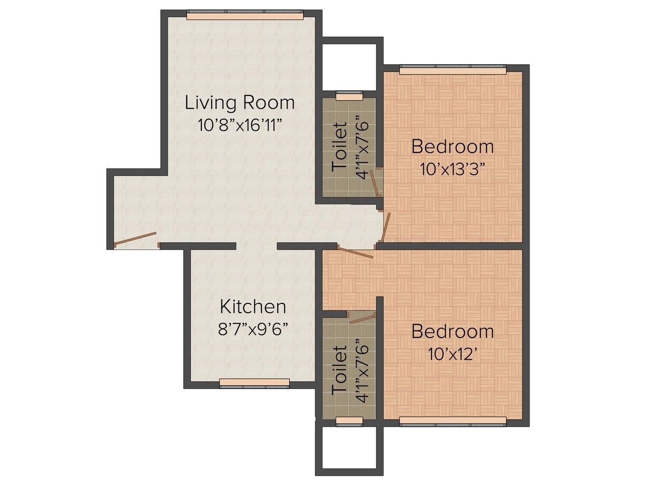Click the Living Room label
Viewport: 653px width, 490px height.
click(240, 103)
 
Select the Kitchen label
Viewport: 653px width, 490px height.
click(253, 307)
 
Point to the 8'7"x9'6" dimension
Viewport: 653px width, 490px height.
click(253, 328)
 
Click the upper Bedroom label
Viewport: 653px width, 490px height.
click(452, 147)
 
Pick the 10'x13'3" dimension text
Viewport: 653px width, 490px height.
click(452, 169)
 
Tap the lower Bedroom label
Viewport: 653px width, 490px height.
click(452, 332)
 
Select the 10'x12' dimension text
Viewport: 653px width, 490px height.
click(452, 354)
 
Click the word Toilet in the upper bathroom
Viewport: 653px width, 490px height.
click(339, 147)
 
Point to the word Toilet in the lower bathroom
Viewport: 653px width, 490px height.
click(339, 370)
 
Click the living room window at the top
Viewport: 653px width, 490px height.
click(245, 16)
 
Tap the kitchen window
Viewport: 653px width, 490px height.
click(254, 383)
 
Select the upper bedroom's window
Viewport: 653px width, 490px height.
click(452, 71)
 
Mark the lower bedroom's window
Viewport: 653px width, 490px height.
click(452, 420)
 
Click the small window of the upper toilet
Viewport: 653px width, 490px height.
click(349, 97)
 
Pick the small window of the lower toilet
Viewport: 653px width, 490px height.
click(349, 420)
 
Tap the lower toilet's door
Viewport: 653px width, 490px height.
click(363, 318)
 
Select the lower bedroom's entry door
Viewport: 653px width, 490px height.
click(355, 253)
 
